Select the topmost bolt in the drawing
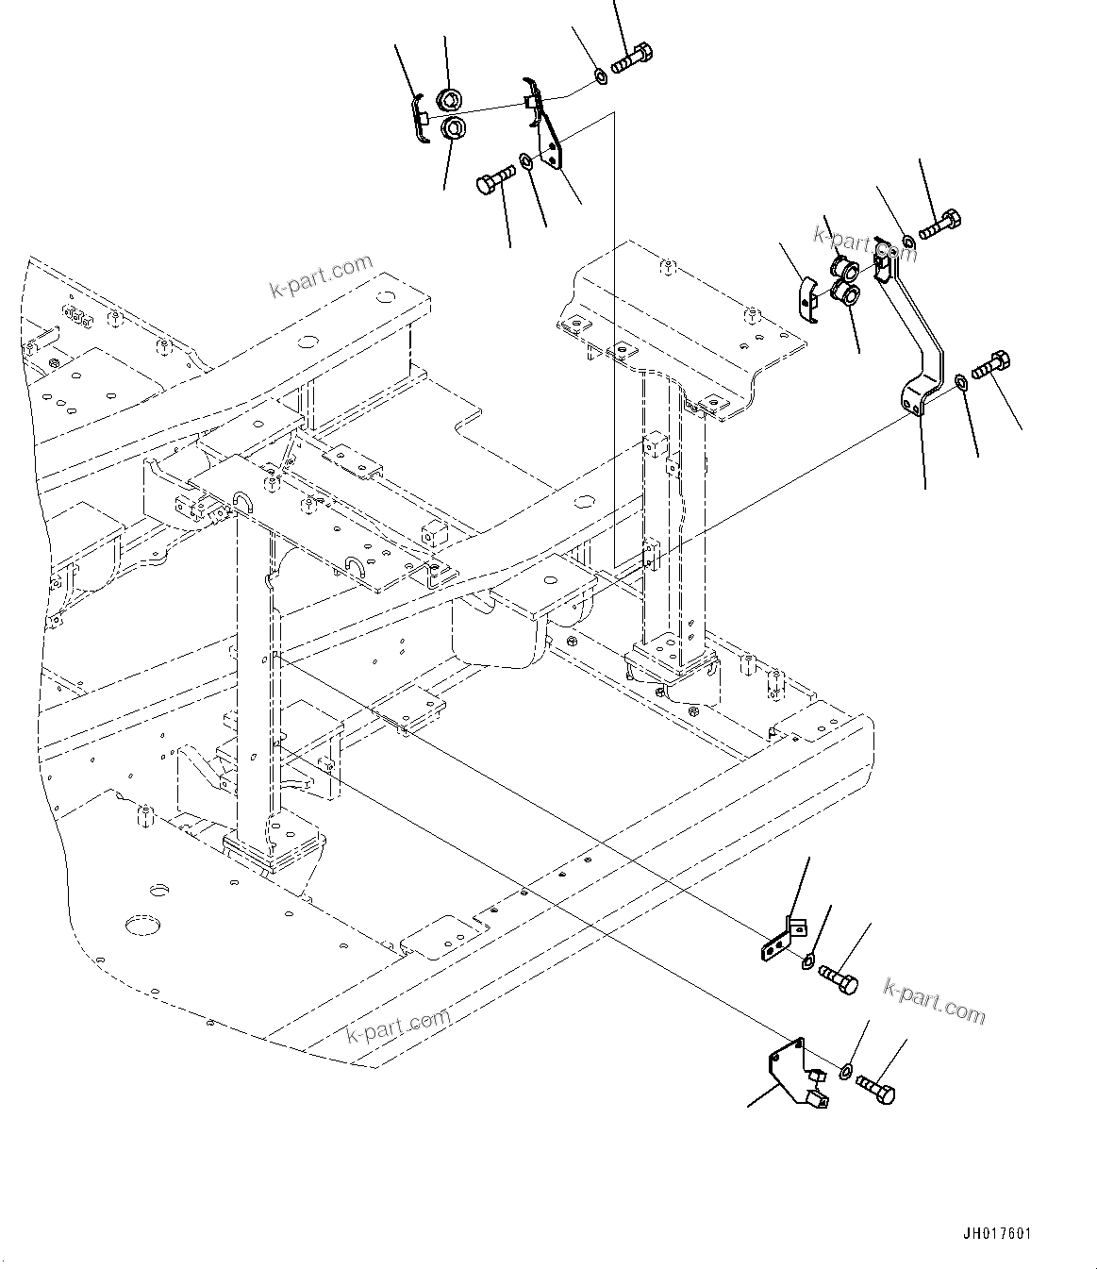631,58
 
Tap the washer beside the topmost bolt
600,74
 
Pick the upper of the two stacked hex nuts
450,98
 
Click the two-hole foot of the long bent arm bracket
919,396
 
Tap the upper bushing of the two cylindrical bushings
843,268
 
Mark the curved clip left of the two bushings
807,294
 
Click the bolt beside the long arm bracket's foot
989,364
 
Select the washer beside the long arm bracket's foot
959,381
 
